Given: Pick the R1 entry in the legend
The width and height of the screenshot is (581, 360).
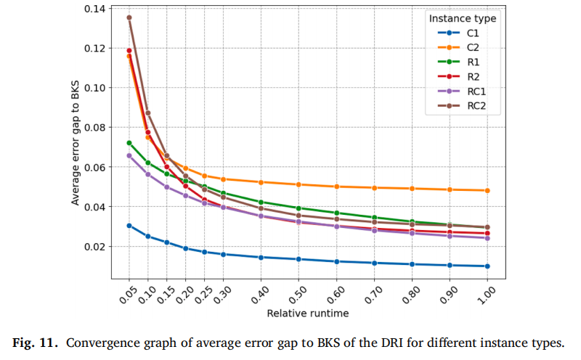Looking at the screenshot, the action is pos(459,62).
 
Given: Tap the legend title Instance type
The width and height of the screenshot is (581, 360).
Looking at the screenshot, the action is pos(463,19).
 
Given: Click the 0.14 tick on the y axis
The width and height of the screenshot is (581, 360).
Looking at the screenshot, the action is pos(94,9).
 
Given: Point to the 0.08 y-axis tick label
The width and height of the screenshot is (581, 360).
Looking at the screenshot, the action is pos(94,128).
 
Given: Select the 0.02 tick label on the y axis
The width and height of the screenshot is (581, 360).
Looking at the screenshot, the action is pos(94,246).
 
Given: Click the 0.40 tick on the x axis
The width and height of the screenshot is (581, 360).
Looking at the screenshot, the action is pos(259,295).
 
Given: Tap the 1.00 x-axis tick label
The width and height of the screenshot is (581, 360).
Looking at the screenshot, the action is pos(486,295).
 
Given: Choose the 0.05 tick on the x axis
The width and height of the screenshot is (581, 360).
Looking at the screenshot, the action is pos(128,295).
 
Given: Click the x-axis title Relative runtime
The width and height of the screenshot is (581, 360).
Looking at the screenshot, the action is pos(308,314).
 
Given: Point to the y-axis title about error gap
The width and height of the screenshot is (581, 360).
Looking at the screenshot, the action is pos(76,142).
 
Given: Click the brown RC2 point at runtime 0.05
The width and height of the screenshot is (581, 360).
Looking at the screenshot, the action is pos(129,17).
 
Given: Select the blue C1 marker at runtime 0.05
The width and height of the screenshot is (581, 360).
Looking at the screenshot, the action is pos(129,226).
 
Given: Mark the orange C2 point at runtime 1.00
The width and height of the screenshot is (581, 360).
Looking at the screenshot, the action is pos(487,191).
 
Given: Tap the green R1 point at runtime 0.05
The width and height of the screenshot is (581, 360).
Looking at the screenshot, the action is pos(129,143).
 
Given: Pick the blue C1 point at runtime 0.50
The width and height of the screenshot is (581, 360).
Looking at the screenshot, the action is pos(298,259).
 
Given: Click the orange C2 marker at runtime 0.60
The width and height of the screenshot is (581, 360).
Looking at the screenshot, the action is pos(336,187).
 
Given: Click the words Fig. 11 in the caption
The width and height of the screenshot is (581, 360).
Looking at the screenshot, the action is pos(35,343).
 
